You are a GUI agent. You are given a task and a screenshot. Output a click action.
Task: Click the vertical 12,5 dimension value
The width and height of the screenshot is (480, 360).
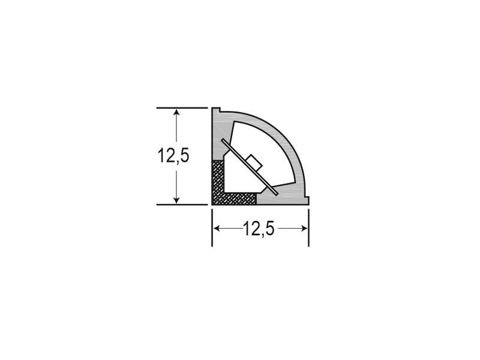click(x=173, y=155)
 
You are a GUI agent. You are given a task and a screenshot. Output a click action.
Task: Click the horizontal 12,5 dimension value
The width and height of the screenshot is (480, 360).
click(x=259, y=229)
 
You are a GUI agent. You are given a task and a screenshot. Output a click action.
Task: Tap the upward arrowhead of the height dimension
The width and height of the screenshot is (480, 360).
click(x=176, y=112)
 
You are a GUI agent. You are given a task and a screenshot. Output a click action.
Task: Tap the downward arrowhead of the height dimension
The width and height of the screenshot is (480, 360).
click(x=176, y=200)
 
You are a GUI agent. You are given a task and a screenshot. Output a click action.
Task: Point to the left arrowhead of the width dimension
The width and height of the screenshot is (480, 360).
click(x=217, y=229)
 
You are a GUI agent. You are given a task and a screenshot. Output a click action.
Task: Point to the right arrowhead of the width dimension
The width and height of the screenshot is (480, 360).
click(x=304, y=229)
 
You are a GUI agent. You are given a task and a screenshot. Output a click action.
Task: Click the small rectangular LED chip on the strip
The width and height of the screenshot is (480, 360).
click(x=254, y=162)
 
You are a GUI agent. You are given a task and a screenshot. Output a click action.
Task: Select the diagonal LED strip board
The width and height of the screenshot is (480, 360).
click(x=250, y=167)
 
